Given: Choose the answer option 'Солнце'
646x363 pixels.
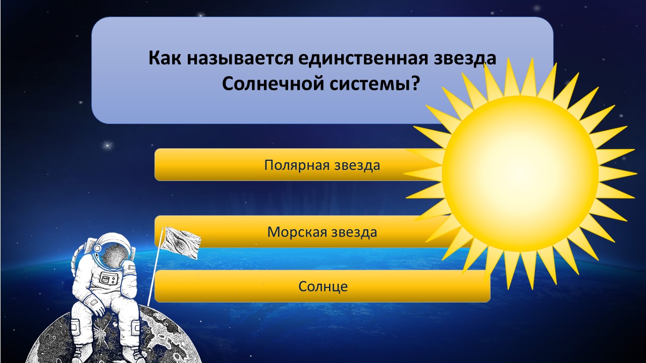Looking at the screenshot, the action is coord(322,286).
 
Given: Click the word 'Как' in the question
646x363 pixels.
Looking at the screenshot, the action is coord(165,58).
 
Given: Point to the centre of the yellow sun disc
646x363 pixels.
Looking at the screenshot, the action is coord(520,173).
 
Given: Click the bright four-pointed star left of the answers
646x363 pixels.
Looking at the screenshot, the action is coord(108,145).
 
